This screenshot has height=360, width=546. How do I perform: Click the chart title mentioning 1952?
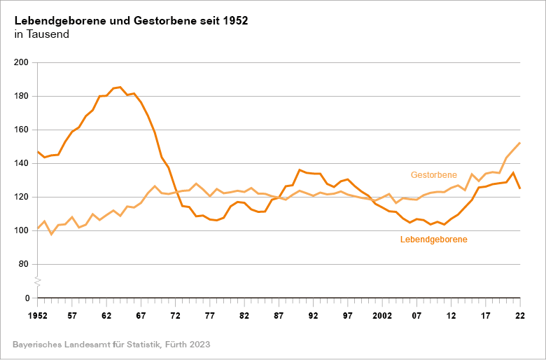pyautogui.click(x=131, y=21)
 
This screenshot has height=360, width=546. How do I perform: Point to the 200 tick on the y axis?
pyautogui.click(x=20, y=63)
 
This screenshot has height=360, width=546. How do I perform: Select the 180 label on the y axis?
pyautogui.click(x=20, y=97)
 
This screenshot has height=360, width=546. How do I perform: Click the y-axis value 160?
pyautogui.click(x=20, y=130)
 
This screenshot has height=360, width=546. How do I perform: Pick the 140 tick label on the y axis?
pyautogui.click(x=20, y=164)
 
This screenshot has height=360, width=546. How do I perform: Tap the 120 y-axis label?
pyautogui.click(x=20, y=198)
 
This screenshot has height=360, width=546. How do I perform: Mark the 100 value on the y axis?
pyautogui.click(x=20, y=231)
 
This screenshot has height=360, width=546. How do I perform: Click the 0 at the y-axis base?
pyautogui.click(x=26, y=298)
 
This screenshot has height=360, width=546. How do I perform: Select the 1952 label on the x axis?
pyautogui.click(x=37, y=316)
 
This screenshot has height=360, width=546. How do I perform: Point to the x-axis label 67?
pyautogui.click(x=141, y=316)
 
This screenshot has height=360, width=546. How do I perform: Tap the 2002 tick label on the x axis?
pyautogui.click(x=381, y=316)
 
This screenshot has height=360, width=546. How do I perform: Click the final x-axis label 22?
pyautogui.click(x=519, y=316)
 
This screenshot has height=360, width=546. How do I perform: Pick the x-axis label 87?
pyautogui.click(x=279, y=316)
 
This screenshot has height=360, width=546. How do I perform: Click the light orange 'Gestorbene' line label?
pyautogui.click(x=433, y=175)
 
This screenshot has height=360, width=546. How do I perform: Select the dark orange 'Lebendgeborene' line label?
pyautogui.click(x=433, y=240)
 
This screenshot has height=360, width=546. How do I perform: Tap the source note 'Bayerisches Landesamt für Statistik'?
pyautogui.click(x=111, y=345)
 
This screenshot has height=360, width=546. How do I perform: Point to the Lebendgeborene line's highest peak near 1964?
pyautogui.click(x=120, y=88)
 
